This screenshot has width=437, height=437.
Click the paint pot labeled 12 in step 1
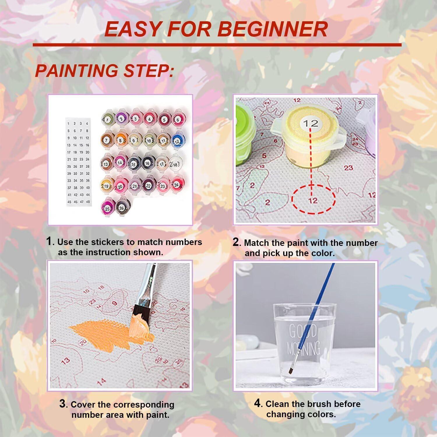point(177,140)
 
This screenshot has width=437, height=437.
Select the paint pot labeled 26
point(121,208)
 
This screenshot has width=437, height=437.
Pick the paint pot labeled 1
point(107,119)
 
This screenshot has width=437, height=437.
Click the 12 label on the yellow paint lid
point(310,123)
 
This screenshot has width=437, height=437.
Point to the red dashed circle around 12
point(313,199)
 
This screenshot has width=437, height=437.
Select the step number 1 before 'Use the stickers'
point(50,241)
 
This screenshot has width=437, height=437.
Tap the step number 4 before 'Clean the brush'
point(257,403)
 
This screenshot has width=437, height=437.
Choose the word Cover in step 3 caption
point(83,405)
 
